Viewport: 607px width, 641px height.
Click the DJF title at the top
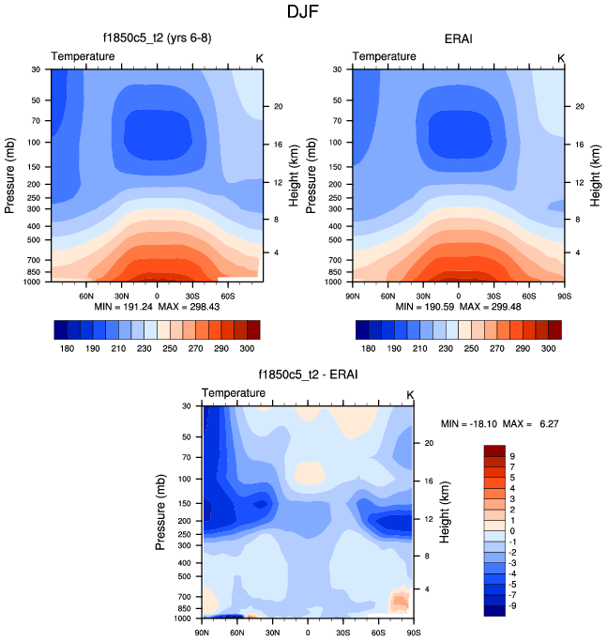[x=303, y=12]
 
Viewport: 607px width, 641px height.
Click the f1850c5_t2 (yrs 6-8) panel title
[x=156, y=39]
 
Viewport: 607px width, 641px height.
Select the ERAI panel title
[x=460, y=39]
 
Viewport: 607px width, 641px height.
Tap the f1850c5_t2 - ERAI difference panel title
[x=308, y=375]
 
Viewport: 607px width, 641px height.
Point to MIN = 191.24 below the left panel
[x=124, y=307]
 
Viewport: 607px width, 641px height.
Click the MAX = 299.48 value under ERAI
[x=498, y=307]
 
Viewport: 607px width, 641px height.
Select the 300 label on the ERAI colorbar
[x=552, y=347]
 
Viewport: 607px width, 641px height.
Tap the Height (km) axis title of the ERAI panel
[x=595, y=176]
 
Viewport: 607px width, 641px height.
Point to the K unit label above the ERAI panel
[x=561, y=58]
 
